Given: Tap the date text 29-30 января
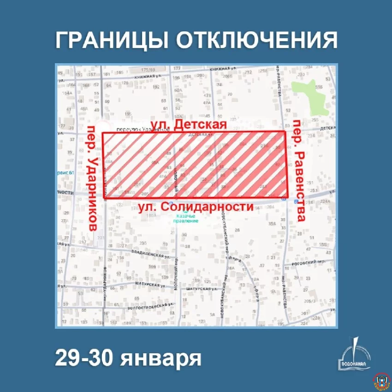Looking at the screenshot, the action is click(128, 358).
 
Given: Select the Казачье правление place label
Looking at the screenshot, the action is click(185, 218).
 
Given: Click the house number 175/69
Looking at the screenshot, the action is click(147, 69).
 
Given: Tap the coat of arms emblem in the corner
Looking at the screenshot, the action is click(381, 381).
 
